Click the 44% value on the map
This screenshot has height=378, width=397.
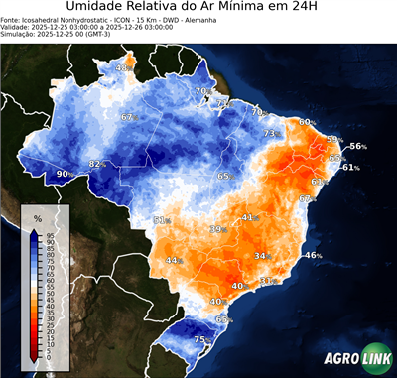point(174,261)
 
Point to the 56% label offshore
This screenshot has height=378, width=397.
point(357,147)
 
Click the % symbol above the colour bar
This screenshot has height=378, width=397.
point(37,217)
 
